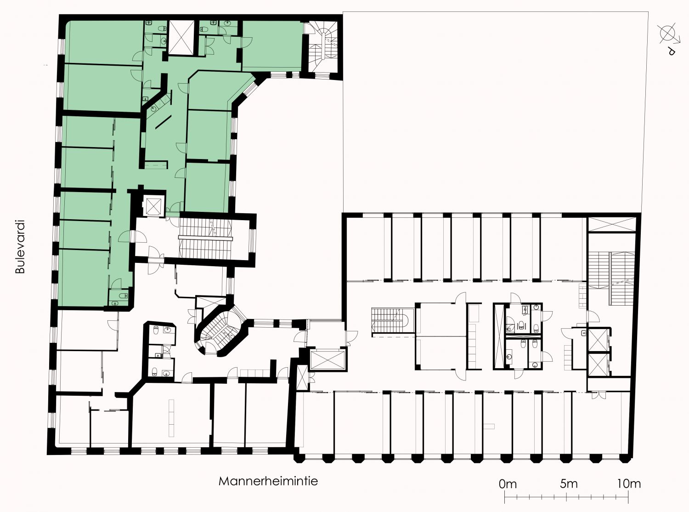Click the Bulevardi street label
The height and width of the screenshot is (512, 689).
[x=20, y=247]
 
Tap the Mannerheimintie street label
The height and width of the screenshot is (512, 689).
[x=268, y=482]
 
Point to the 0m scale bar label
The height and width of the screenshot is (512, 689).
[x=508, y=484]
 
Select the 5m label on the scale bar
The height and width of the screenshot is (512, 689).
[x=569, y=484]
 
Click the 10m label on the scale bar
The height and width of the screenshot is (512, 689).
[x=629, y=484]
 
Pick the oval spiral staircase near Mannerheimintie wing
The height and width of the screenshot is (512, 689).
[x=221, y=330]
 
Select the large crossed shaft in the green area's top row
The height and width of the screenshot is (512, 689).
[x=181, y=38]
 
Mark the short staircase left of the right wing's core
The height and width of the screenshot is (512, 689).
[x=393, y=320]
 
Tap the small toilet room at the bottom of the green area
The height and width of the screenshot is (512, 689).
[x=119, y=297]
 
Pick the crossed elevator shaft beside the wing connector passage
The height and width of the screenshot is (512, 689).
[x=328, y=360]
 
